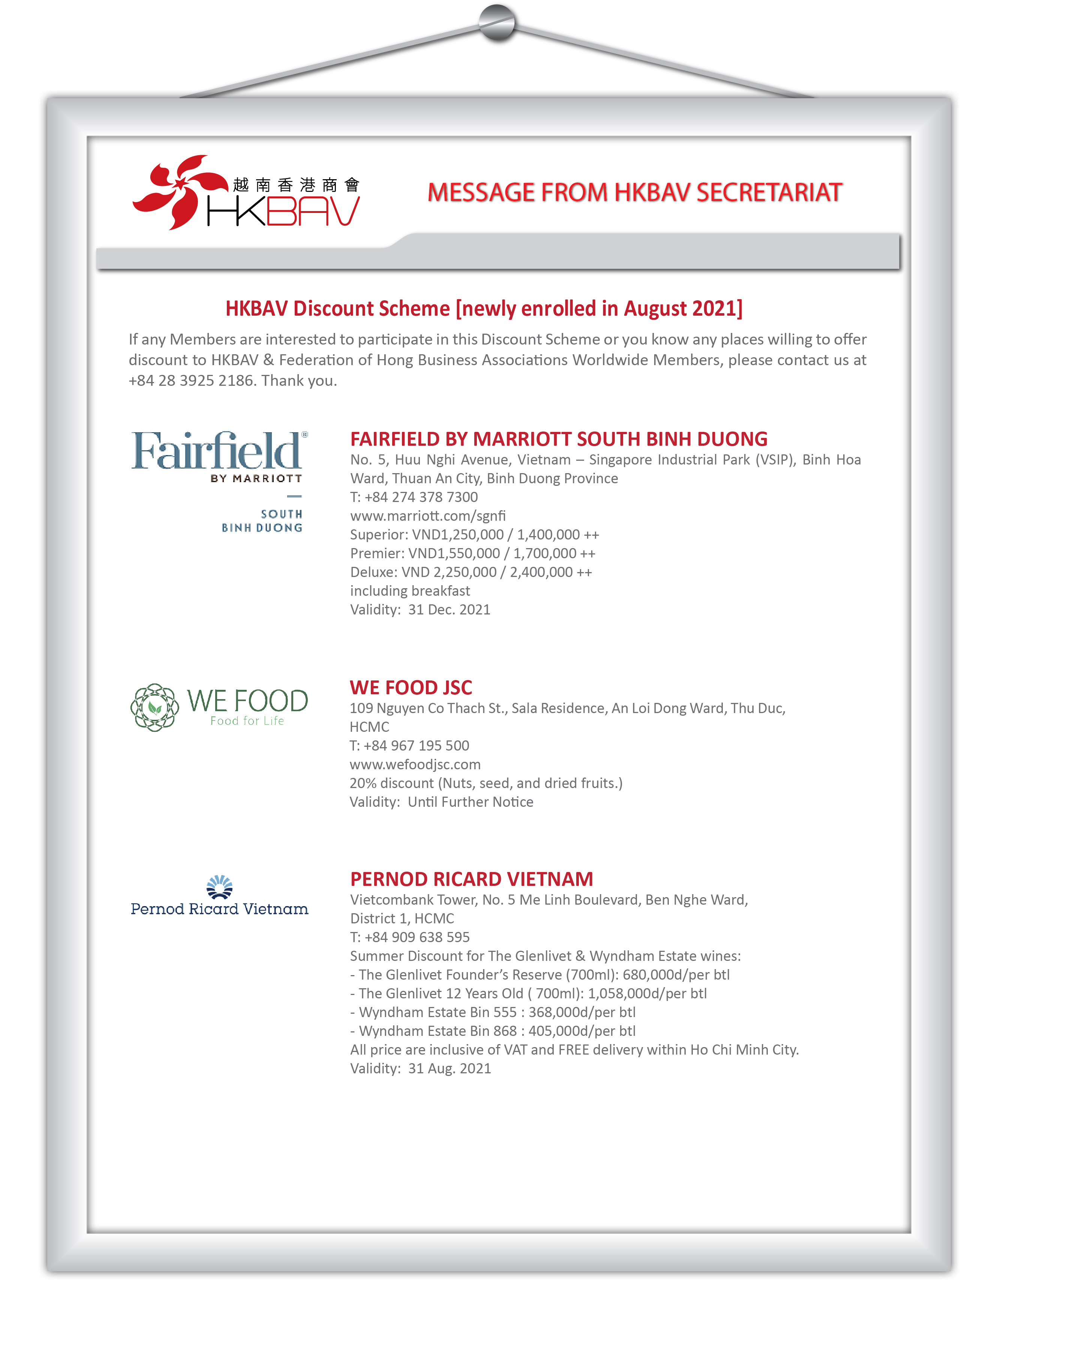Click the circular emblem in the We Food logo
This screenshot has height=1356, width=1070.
click(154, 707)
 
